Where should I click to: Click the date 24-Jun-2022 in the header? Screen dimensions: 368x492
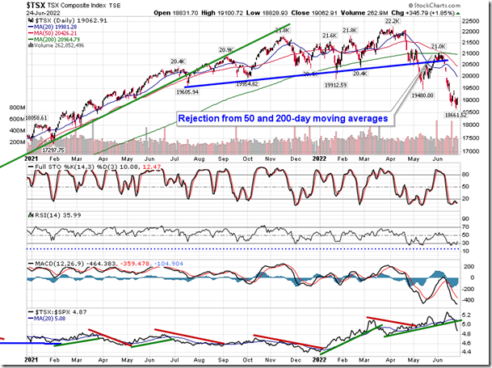pyautogui.click(x=41, y=13)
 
